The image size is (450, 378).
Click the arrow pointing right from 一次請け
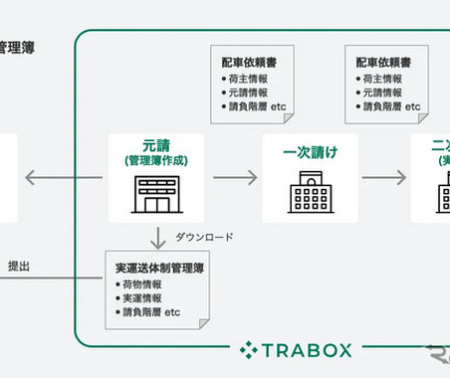click(383, 178)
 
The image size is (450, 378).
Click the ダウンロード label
click(204, 237)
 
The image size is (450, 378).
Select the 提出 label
click(19, 266)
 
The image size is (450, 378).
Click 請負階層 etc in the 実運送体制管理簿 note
click(154, 311)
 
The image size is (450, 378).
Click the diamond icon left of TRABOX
click(249, 349)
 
